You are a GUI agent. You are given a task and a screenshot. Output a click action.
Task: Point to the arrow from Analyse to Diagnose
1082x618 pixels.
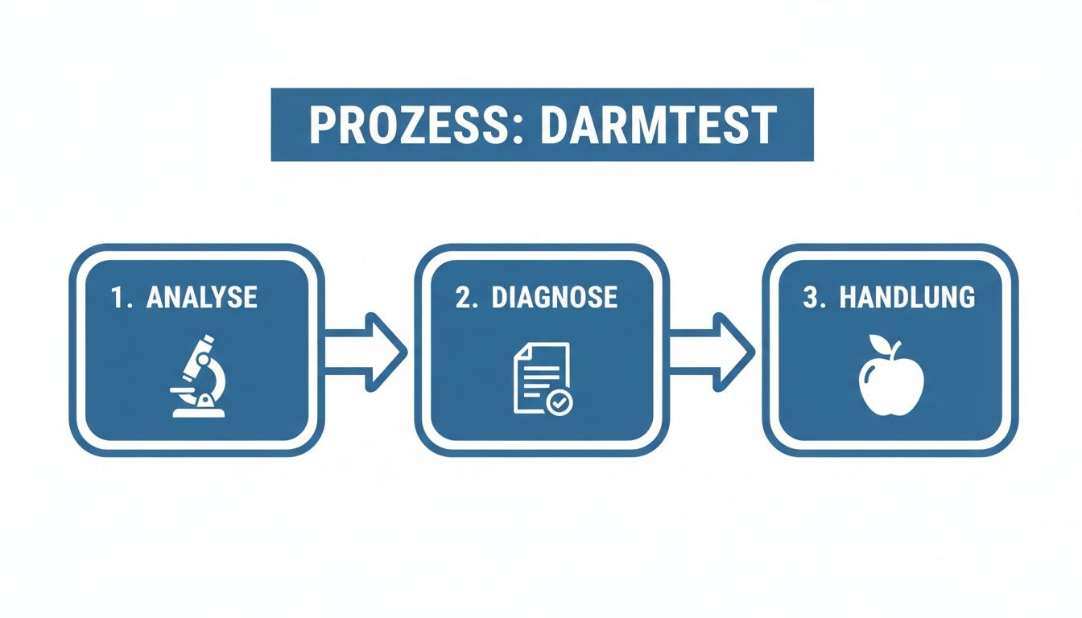coord(366,352)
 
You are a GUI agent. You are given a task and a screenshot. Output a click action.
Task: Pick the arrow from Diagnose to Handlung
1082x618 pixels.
coord(712,352)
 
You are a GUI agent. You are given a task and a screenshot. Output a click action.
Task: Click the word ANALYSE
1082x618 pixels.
coord(202,298)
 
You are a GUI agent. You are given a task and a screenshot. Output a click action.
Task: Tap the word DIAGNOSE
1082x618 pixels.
coord(554,298)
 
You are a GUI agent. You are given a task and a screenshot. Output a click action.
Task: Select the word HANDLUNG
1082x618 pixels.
coord(907,298)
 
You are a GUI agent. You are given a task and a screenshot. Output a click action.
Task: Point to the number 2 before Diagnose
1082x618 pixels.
coord(464,298)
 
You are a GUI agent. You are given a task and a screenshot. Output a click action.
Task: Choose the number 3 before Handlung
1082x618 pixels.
coord(811,298)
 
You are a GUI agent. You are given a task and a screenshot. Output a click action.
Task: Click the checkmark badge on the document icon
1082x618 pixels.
coord(560,402)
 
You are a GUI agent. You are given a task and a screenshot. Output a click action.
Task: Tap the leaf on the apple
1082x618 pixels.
coord(900,348)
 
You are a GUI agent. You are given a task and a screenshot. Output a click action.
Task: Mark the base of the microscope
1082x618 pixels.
coord(198,411)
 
